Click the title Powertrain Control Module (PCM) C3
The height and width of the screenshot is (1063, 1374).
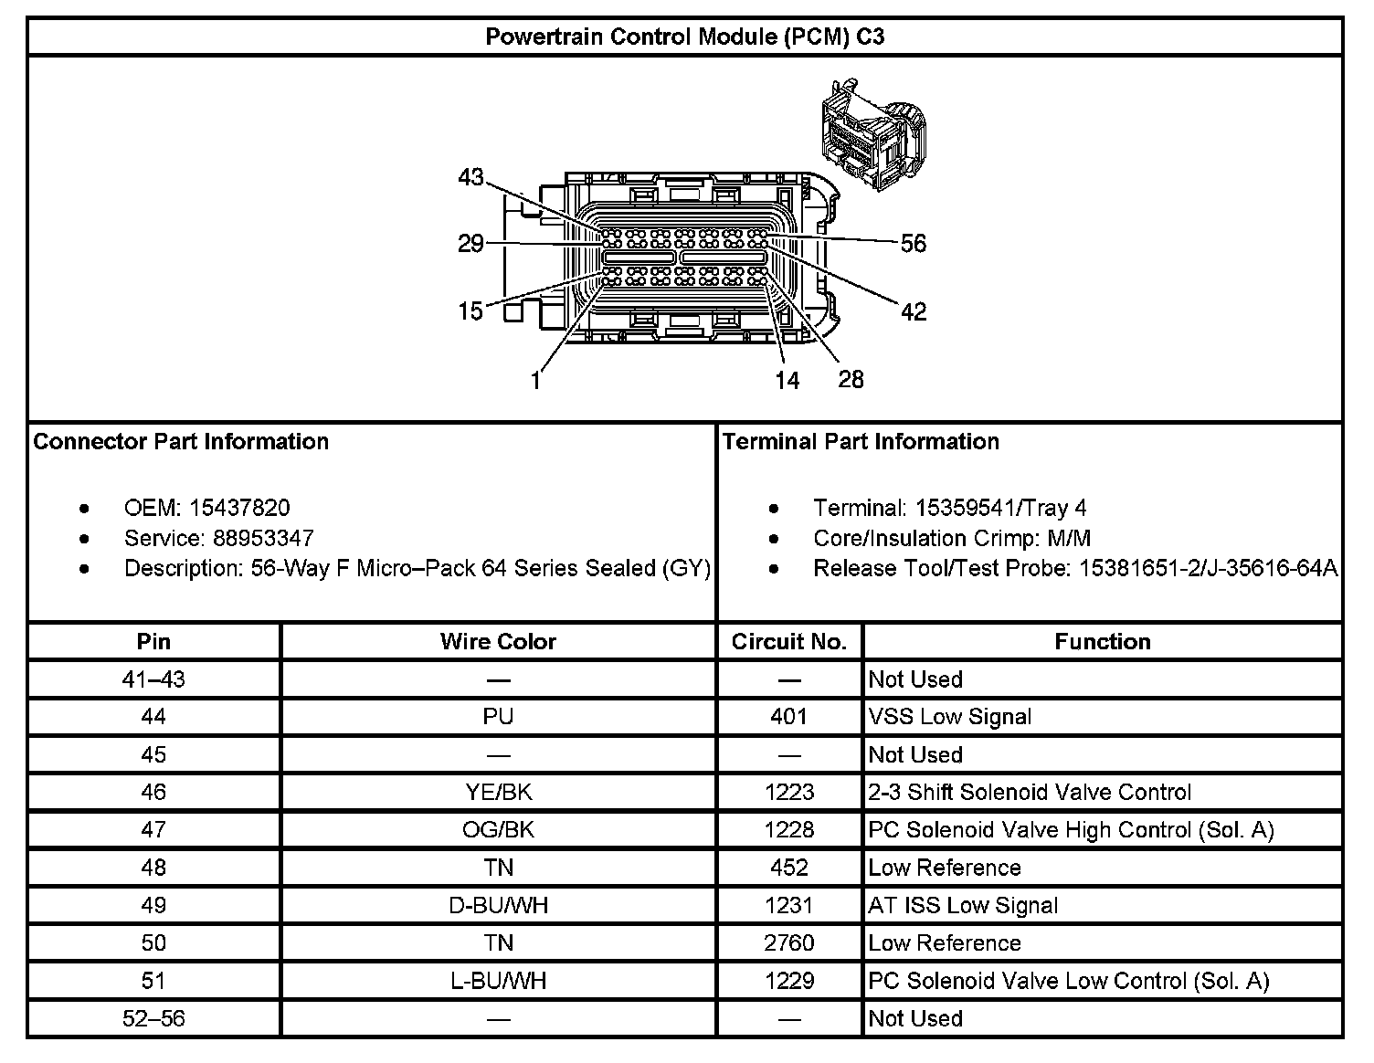click(x=684, y=37)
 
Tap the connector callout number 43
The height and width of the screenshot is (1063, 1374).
click(x=470, y=177)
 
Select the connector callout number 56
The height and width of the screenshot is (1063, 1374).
click(x=913, y=243)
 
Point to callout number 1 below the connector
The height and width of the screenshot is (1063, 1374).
click(x=536, y=380)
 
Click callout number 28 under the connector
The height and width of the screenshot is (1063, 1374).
click(x=851, y=379)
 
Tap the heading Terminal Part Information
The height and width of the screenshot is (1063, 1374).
click(x=861, y=442)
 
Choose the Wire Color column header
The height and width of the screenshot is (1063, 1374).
click(x=498, y=641)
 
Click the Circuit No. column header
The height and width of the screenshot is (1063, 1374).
click(x=789, y=641)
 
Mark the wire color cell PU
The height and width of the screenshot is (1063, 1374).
click(x=498, y=717)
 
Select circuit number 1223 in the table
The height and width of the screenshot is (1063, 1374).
click(x=789, y=792)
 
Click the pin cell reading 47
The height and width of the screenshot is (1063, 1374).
click(x=153, y=829)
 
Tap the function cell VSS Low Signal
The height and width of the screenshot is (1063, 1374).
click(x=950, y=717)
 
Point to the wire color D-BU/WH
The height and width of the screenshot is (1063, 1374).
click(x=498, y=905)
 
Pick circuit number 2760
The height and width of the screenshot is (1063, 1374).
click(x=789, y=942)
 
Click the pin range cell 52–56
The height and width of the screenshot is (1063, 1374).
click(x=153, y=1018)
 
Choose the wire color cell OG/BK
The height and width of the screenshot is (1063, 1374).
click(x=498, y=829)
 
